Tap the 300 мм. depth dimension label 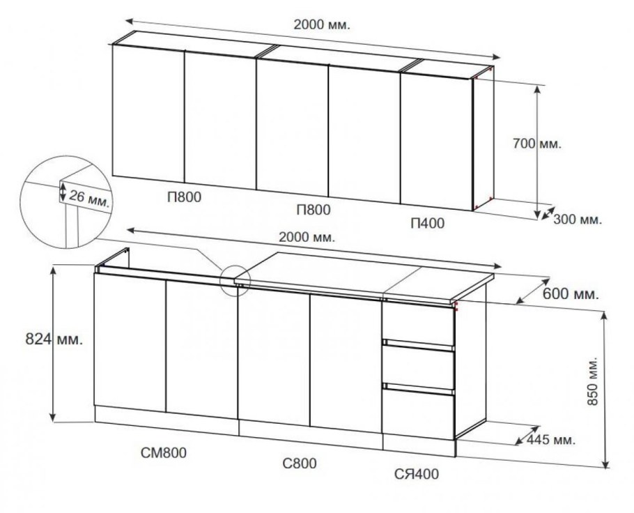point(578,220)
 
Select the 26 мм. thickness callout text point(89,198)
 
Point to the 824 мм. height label point(54,339)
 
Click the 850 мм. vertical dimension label point(592,381)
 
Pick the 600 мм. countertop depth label point(570,294)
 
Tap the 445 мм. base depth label point(550,440)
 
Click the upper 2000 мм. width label point(322,24)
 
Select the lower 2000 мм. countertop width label point(307,237)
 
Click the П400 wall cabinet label point(427,223)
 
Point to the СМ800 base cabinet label point(164,453)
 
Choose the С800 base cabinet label point(300,464)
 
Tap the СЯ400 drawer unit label point(417,474)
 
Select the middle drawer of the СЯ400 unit point(419,367)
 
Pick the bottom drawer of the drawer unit point(419,413)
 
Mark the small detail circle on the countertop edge point(235,280)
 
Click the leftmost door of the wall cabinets point(148,114)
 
